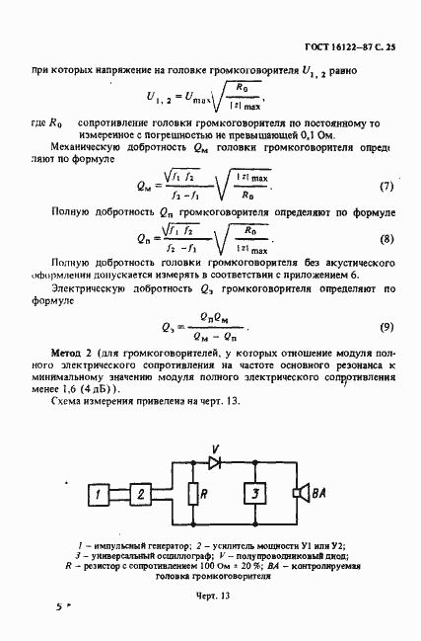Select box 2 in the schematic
pyautogui.click(x=142, y=493)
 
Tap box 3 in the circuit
pyautogui.click(x=254, y=493)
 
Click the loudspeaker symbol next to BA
pyautogui.click(x=295, y=493)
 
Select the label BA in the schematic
pyautogui.click(x=312, y=493)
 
